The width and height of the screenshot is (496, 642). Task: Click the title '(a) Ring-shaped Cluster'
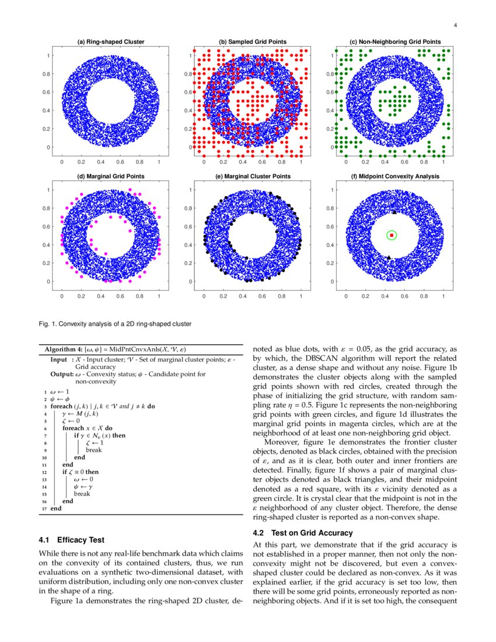[111, 42]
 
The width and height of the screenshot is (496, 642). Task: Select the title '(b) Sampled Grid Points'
[253, 42]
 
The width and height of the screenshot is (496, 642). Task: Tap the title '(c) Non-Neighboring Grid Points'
[395, 42]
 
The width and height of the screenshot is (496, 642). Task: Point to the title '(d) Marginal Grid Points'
[111, 176]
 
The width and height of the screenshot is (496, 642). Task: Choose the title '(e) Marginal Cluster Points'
[253, 176]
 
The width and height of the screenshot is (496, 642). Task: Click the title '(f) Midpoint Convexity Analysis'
[395, 176]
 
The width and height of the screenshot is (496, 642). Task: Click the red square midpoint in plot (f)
[392, 235]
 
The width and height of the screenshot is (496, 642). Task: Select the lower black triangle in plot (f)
[389, 257]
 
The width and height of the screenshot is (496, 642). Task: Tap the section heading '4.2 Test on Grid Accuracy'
[303, 533]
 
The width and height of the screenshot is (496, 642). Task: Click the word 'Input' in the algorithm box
[59, 360]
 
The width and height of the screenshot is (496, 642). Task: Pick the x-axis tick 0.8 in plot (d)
[139, 296]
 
